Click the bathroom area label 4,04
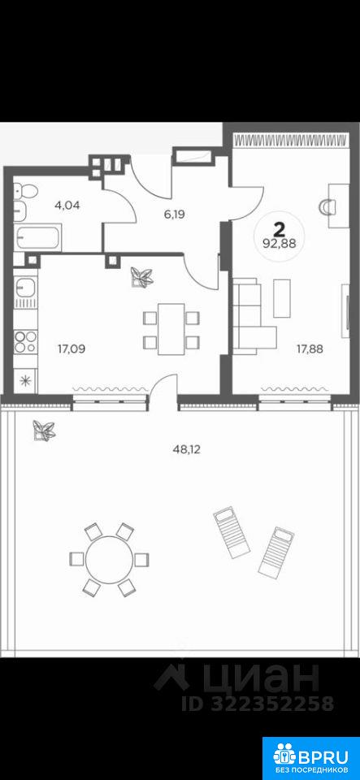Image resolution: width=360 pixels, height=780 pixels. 68,205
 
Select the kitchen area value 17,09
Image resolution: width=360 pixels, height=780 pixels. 72,349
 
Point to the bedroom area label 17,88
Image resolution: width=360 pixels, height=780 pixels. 309,349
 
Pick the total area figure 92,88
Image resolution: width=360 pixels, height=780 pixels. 280,245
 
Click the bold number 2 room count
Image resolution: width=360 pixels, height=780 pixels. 280,229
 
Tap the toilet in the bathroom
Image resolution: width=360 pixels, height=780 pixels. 25,190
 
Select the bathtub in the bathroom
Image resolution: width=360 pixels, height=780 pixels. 38,238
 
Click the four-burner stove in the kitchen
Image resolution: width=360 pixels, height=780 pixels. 25,342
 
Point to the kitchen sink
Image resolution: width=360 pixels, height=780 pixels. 24,288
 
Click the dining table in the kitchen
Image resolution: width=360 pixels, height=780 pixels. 171,329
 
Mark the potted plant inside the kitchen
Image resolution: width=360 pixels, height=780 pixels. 141,277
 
